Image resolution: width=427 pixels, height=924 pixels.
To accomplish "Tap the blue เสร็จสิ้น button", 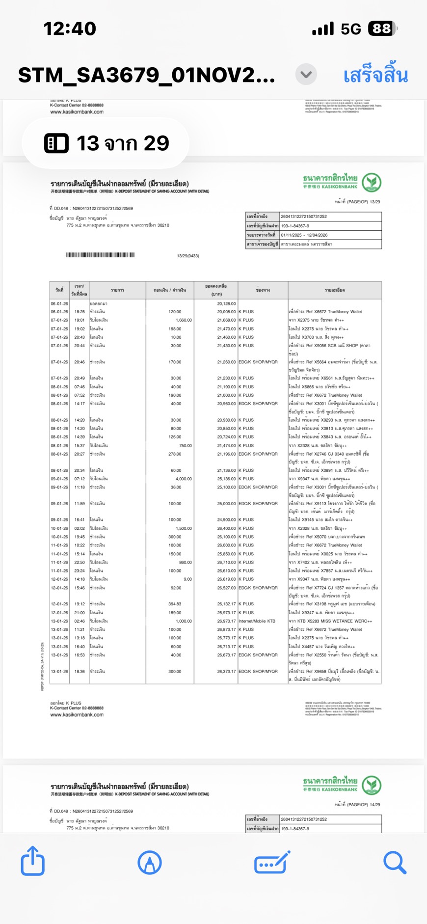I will pyautogui.click(x=375, y=76).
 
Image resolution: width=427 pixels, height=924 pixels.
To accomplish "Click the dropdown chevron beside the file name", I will pyautogui.click(x=306, y=75).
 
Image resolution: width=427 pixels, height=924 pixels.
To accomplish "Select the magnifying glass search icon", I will pyautogui.click(x=395, y=862).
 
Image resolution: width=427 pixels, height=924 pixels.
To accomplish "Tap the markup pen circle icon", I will pyautogui.click(x=150, y=862).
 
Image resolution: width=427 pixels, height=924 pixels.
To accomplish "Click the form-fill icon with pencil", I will pyautogui.click(x=272, y=862).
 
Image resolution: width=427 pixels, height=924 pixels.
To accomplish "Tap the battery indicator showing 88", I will pyautogui.click(x=382, y=29).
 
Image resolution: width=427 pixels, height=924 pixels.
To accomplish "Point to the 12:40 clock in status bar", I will pyautogui.click(x=70, y=28).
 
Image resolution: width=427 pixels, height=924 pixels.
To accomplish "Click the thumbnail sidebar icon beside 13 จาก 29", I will pyautogui.click(x=56, y=143).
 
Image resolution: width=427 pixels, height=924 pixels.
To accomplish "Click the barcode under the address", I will pyautogui.click(x=100, y=255).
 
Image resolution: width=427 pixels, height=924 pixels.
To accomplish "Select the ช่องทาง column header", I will pyautogui.click(x=263, y=290).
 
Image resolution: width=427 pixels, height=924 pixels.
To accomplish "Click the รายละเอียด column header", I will pyautogui.click(x=335, y=290).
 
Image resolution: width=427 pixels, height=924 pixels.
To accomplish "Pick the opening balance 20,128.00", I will pyautogui.click(x=226, y=303).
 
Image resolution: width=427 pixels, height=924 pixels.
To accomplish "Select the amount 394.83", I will pyautogui.click(x=175, y=604).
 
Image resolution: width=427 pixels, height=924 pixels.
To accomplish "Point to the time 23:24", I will pyautogui.click(x=79, y=571).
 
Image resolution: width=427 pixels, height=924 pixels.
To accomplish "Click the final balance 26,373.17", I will pyautogui.click(x=226, y=671).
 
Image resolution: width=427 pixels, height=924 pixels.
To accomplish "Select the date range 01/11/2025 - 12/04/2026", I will pyautogui.click(x=304, y=235).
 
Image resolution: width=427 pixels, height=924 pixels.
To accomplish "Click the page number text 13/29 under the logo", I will pyautogui.click(x=363, y=202).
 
